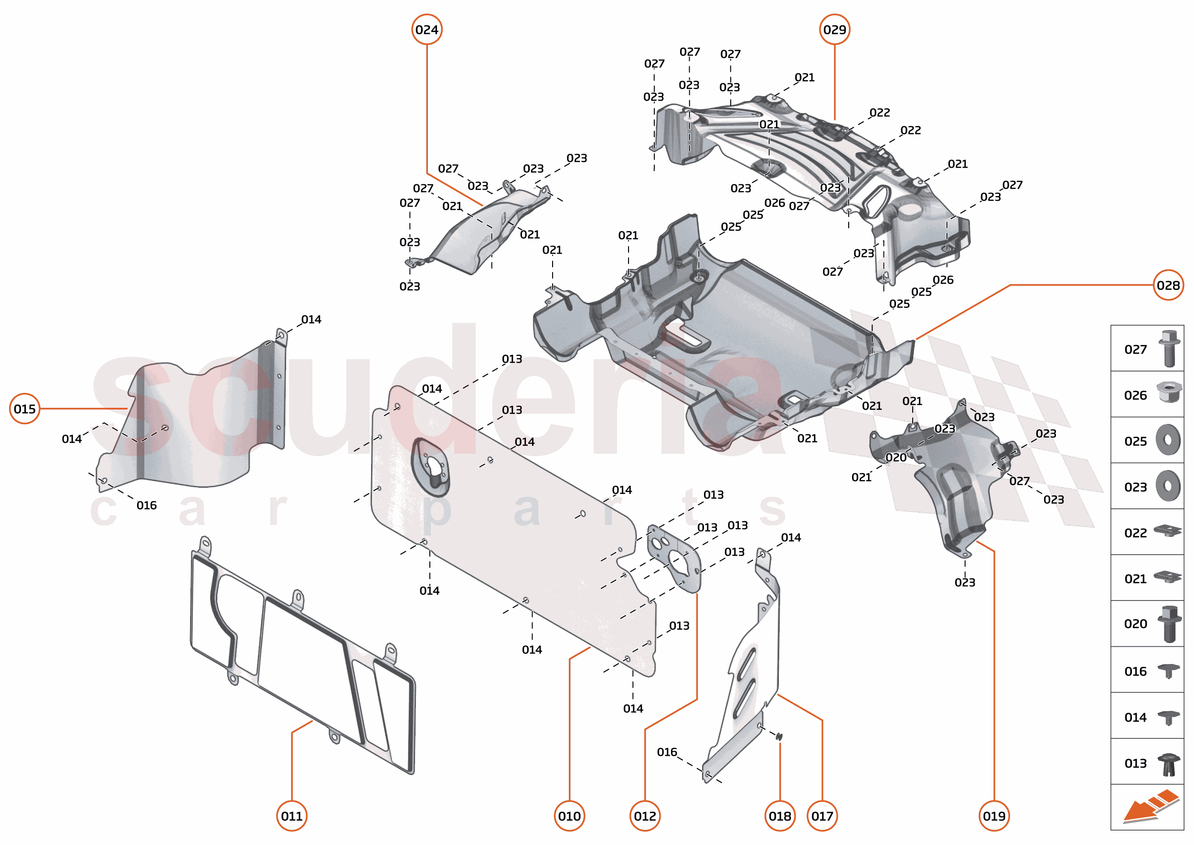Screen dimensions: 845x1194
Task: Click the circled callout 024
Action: click(x=426, y=30)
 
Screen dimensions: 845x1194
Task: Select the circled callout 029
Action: click(x=834, y=30)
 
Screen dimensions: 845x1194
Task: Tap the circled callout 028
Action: click(x=1168, y=285)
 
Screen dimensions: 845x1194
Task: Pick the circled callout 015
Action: click(x=24, y=408)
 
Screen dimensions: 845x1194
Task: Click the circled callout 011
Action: click(x=291, y=816)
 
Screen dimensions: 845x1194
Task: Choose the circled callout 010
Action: click(x=569, y=816)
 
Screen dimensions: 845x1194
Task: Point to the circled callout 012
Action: click(x=645, y=816)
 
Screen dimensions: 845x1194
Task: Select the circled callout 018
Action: click(x=779, y=816)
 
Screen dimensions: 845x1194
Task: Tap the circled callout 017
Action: click(x=822, y=816)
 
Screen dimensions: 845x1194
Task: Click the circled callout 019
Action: click(x=994, y=816)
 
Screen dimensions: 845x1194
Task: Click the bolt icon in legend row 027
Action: click(x=1169, y=348)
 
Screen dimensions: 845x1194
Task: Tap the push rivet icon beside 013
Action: click(x=1169, y=764)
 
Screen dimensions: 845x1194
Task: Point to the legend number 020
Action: click(x=1135, y=623)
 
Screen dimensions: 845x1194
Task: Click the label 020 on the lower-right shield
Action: click(x=896, y=457)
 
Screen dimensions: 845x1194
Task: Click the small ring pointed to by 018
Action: click(x=779, y=736)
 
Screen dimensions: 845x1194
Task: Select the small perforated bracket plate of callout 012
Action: click(x=675, y=559)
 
